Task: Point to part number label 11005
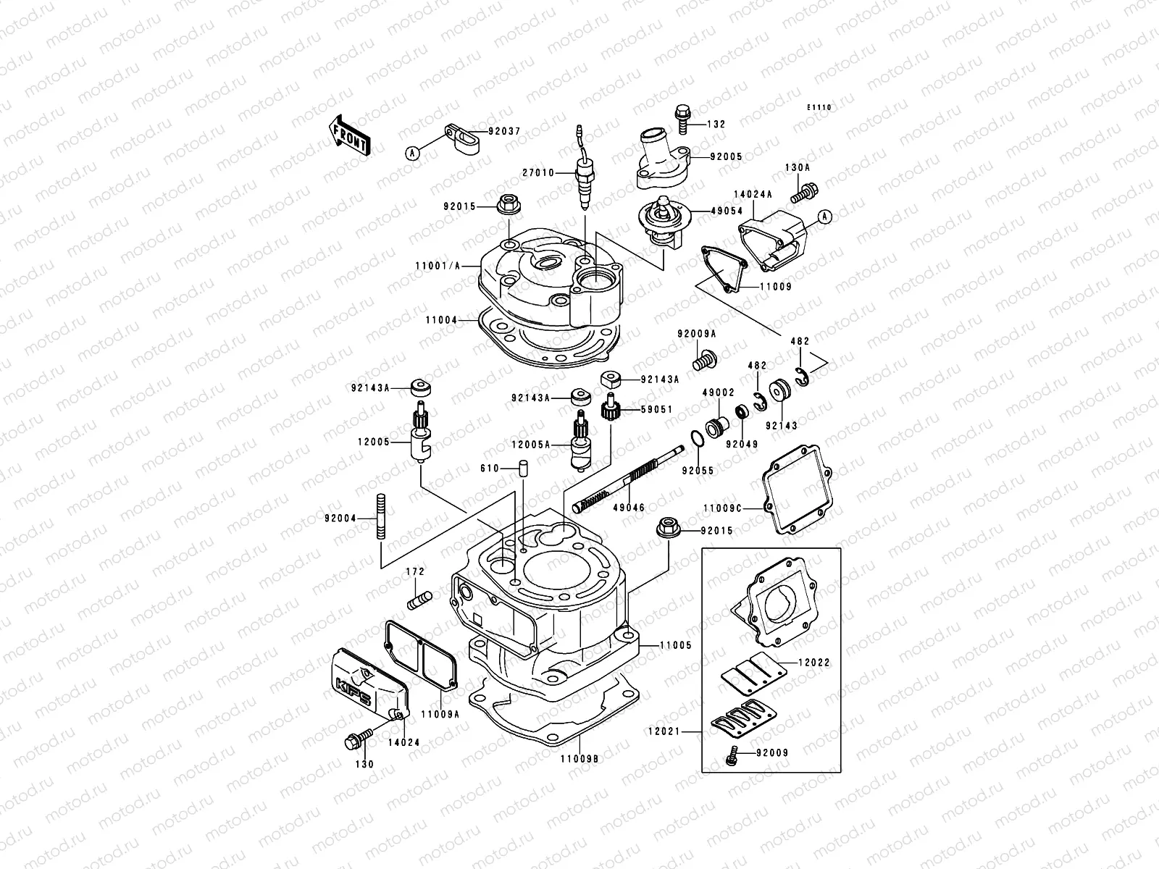pos(675,645)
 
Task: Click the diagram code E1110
pos(820,107)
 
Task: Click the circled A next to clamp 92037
pos(411,153)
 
